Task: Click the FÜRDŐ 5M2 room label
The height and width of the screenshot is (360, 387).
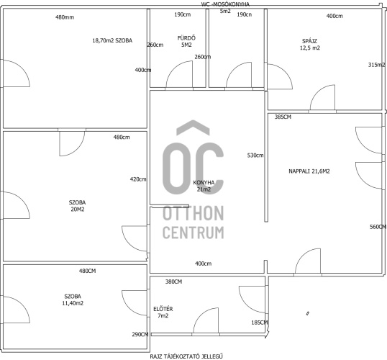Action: (186, 41)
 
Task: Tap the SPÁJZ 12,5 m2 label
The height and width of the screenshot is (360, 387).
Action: (310, 45)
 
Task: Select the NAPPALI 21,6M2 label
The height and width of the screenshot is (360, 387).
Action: (309, 171)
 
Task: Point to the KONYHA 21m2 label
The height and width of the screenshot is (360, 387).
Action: (204, 186)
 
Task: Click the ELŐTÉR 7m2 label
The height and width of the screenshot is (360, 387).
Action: (163, 312)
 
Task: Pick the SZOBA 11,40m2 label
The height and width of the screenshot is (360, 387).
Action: (73, 300)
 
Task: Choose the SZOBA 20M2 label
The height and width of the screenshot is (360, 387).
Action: (77, 206)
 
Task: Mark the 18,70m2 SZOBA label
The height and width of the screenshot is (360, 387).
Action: (112, 40)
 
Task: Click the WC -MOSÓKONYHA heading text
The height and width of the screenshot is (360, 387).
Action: (225, 4)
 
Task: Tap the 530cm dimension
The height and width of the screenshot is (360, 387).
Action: (255, 156)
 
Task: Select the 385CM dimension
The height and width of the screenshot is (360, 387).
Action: (283, 117)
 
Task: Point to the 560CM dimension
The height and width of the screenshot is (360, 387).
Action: (378, 227)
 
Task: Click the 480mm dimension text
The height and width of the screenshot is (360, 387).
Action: (65, 17)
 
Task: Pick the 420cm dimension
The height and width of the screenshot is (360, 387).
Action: (138, 179)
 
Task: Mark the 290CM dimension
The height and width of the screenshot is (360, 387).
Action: (140, 334)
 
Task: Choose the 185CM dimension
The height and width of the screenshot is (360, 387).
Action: (260, 323)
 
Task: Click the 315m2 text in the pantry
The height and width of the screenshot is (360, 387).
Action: (377, 65)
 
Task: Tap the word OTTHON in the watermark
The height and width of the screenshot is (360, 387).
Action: (193, 213)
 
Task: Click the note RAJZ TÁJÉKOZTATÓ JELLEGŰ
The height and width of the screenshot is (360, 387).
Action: (186, 356)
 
